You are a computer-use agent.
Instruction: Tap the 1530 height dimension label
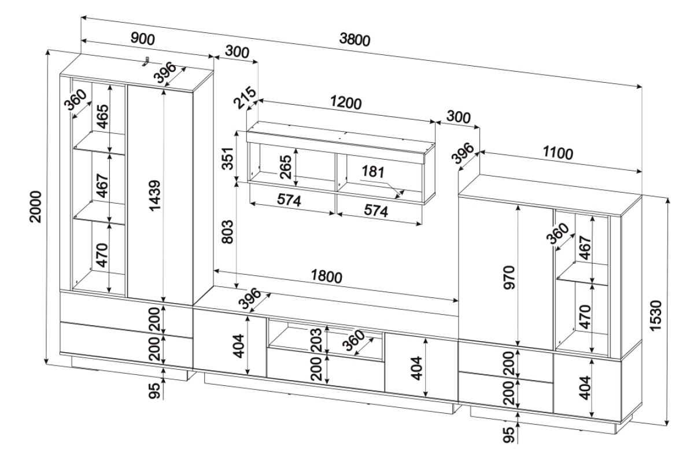pos(656,315)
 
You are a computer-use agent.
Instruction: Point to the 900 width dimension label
pos(142,39)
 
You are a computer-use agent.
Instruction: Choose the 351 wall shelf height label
pos(227,158)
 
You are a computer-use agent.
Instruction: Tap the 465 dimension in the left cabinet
pos(102,117)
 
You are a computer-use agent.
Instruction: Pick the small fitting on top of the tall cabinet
pos(147,61)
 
